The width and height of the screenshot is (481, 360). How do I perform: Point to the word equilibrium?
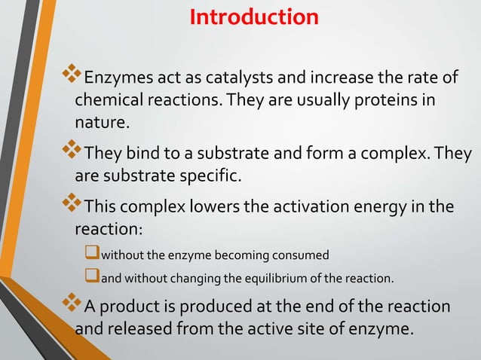[x=271, y=279]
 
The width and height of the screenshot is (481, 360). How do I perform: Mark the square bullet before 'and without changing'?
[x=93, y=278]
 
